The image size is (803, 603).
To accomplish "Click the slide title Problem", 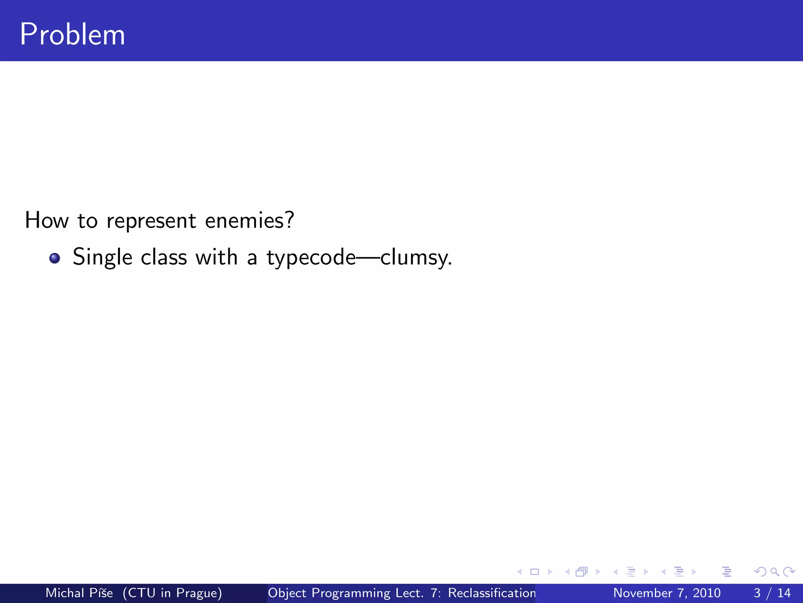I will click(73, 35).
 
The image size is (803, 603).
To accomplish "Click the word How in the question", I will click(47, 220).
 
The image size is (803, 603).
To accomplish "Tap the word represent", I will click(151, 221).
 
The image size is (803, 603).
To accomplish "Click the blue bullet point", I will click(55, 258).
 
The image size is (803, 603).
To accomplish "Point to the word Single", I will click(102, 258).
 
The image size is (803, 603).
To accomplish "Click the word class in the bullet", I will click(164, 258).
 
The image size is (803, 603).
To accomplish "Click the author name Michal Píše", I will click(79, 593).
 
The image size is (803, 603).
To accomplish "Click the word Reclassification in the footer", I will click(492, 593).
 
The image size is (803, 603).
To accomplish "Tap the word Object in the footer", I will click(287, 593).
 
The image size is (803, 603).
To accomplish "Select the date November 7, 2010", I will click(667, 593).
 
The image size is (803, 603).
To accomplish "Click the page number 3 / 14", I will click(772, 593).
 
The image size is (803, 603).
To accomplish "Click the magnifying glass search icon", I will click(774, 572).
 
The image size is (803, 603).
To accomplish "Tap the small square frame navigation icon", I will click(534, 572).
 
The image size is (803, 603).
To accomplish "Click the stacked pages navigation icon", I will click(581, 572).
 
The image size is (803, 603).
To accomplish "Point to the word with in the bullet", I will click(216, 258).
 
